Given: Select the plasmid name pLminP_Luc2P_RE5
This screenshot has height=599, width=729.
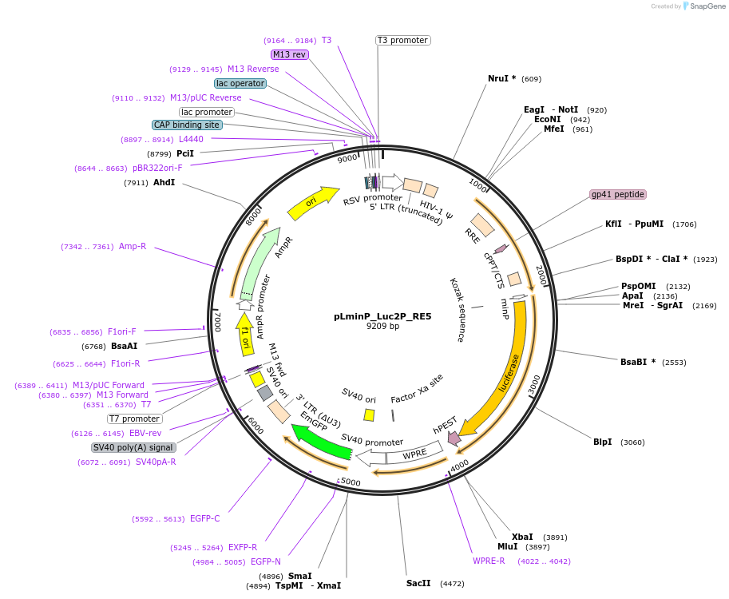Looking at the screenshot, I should [382, 316].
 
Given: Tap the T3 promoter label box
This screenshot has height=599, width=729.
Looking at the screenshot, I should [403, 40].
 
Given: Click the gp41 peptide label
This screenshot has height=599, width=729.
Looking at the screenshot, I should [617, 194].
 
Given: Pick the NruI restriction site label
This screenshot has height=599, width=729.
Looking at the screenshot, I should [502, 78].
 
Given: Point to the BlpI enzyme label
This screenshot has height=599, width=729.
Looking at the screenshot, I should [603, 442].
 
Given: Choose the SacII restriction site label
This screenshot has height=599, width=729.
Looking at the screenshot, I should [418, 583].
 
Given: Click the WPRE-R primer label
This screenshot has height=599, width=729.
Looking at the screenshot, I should [489, 561].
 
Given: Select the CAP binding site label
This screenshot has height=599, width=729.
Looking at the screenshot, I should [187, 125].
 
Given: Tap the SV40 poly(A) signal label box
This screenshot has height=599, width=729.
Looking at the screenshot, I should [133, 447].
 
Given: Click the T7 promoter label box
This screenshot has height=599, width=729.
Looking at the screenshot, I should [135, 419].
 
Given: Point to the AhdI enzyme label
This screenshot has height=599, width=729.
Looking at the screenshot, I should [164, 183].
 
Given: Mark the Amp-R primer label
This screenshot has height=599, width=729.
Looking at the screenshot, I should [133, 246].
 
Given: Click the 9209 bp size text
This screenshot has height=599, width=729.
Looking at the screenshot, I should [382, 327].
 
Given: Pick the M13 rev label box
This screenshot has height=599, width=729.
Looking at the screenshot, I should [289, 54].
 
